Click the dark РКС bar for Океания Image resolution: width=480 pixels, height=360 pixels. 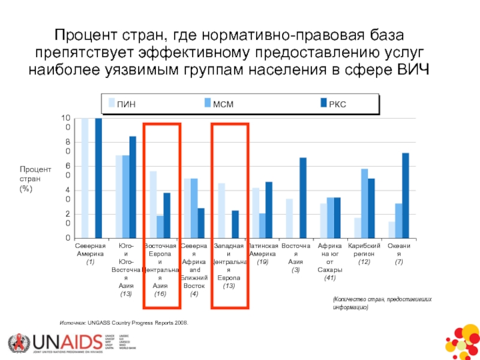click(406, 196)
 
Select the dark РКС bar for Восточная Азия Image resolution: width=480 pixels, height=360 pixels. click(303, 198)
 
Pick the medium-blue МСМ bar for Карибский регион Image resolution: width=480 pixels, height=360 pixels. click(364, 203)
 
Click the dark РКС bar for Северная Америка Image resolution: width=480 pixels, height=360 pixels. click(98, 178)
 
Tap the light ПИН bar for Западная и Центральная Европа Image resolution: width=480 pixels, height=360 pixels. click(221, 211)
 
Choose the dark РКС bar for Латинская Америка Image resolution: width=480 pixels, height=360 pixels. click(269, 210)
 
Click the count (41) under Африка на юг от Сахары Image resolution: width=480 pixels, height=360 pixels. click(329, 278)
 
